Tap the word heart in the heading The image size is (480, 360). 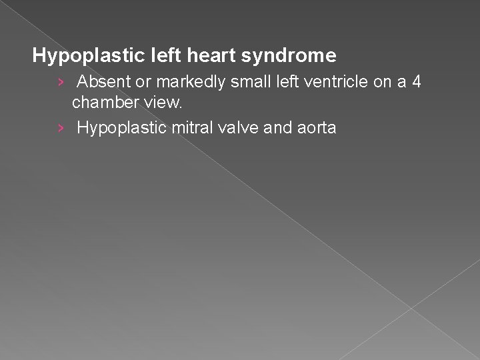(x=196, y=54)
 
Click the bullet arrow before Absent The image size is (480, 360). (x=61, y=83)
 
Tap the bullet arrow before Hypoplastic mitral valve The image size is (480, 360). (x=61, y=127)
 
